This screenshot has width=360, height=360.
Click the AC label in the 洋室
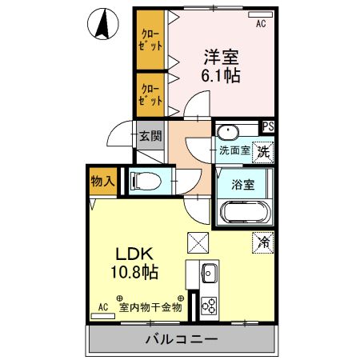coord(260,25)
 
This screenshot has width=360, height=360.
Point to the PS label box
coord(269,126)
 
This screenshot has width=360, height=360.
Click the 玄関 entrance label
coord(148,136)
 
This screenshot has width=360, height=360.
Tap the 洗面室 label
coord(235,149)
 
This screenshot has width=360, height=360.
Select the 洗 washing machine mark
coord(265,148)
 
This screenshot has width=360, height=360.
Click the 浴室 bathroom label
coord(243,185)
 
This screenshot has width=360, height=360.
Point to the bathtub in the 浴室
coord(245,212)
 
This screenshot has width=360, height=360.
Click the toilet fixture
coord(145,182)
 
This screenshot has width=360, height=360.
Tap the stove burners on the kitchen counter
coord(210,305)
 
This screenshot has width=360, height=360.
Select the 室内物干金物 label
coord(151,306)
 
